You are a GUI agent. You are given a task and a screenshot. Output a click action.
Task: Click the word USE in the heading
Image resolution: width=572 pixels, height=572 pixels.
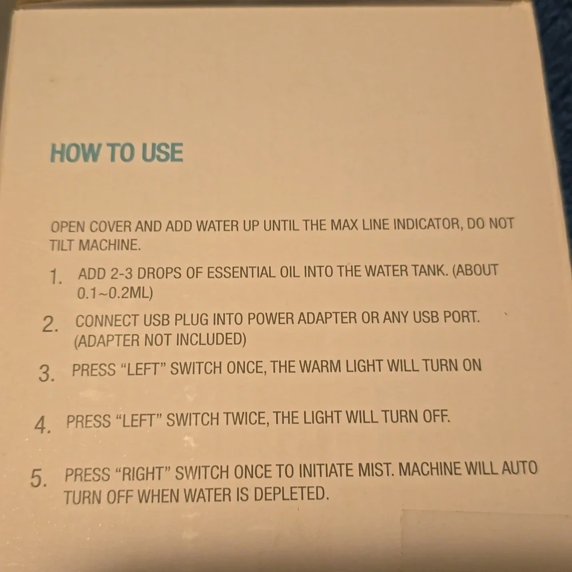162,153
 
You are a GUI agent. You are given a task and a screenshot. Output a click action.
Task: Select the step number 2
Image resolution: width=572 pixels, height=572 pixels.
50,324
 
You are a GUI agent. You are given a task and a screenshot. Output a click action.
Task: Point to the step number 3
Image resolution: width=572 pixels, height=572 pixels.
47,374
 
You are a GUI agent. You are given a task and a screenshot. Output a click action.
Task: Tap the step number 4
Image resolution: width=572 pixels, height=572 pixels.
43,425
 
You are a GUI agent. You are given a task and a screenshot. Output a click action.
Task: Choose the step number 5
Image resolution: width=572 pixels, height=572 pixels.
38,478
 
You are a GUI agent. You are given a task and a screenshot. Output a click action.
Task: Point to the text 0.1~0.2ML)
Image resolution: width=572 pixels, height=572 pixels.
115,293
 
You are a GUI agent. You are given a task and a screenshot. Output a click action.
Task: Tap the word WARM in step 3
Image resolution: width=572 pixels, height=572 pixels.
320,367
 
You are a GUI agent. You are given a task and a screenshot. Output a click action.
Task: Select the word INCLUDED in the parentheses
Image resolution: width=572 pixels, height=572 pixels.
211,340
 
